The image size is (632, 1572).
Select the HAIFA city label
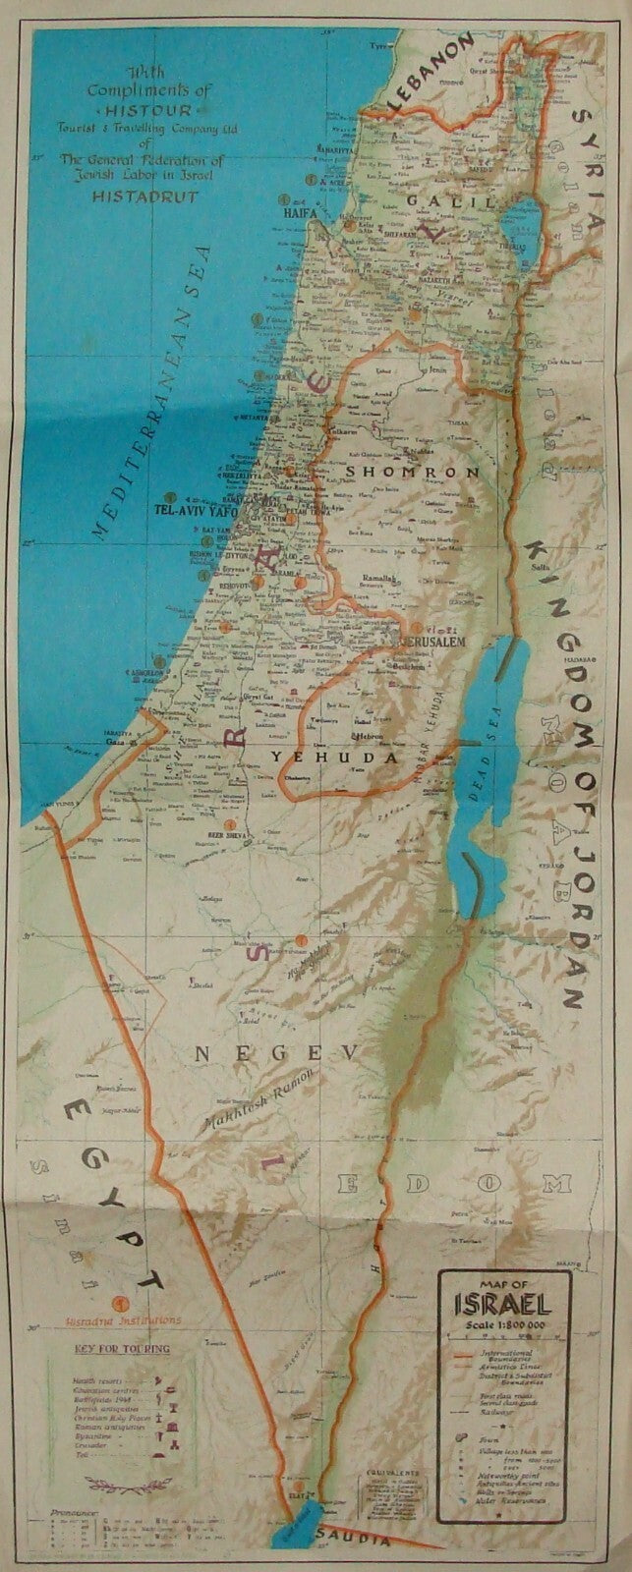pos(303,208)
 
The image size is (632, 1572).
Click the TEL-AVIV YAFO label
pos(197,510)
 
